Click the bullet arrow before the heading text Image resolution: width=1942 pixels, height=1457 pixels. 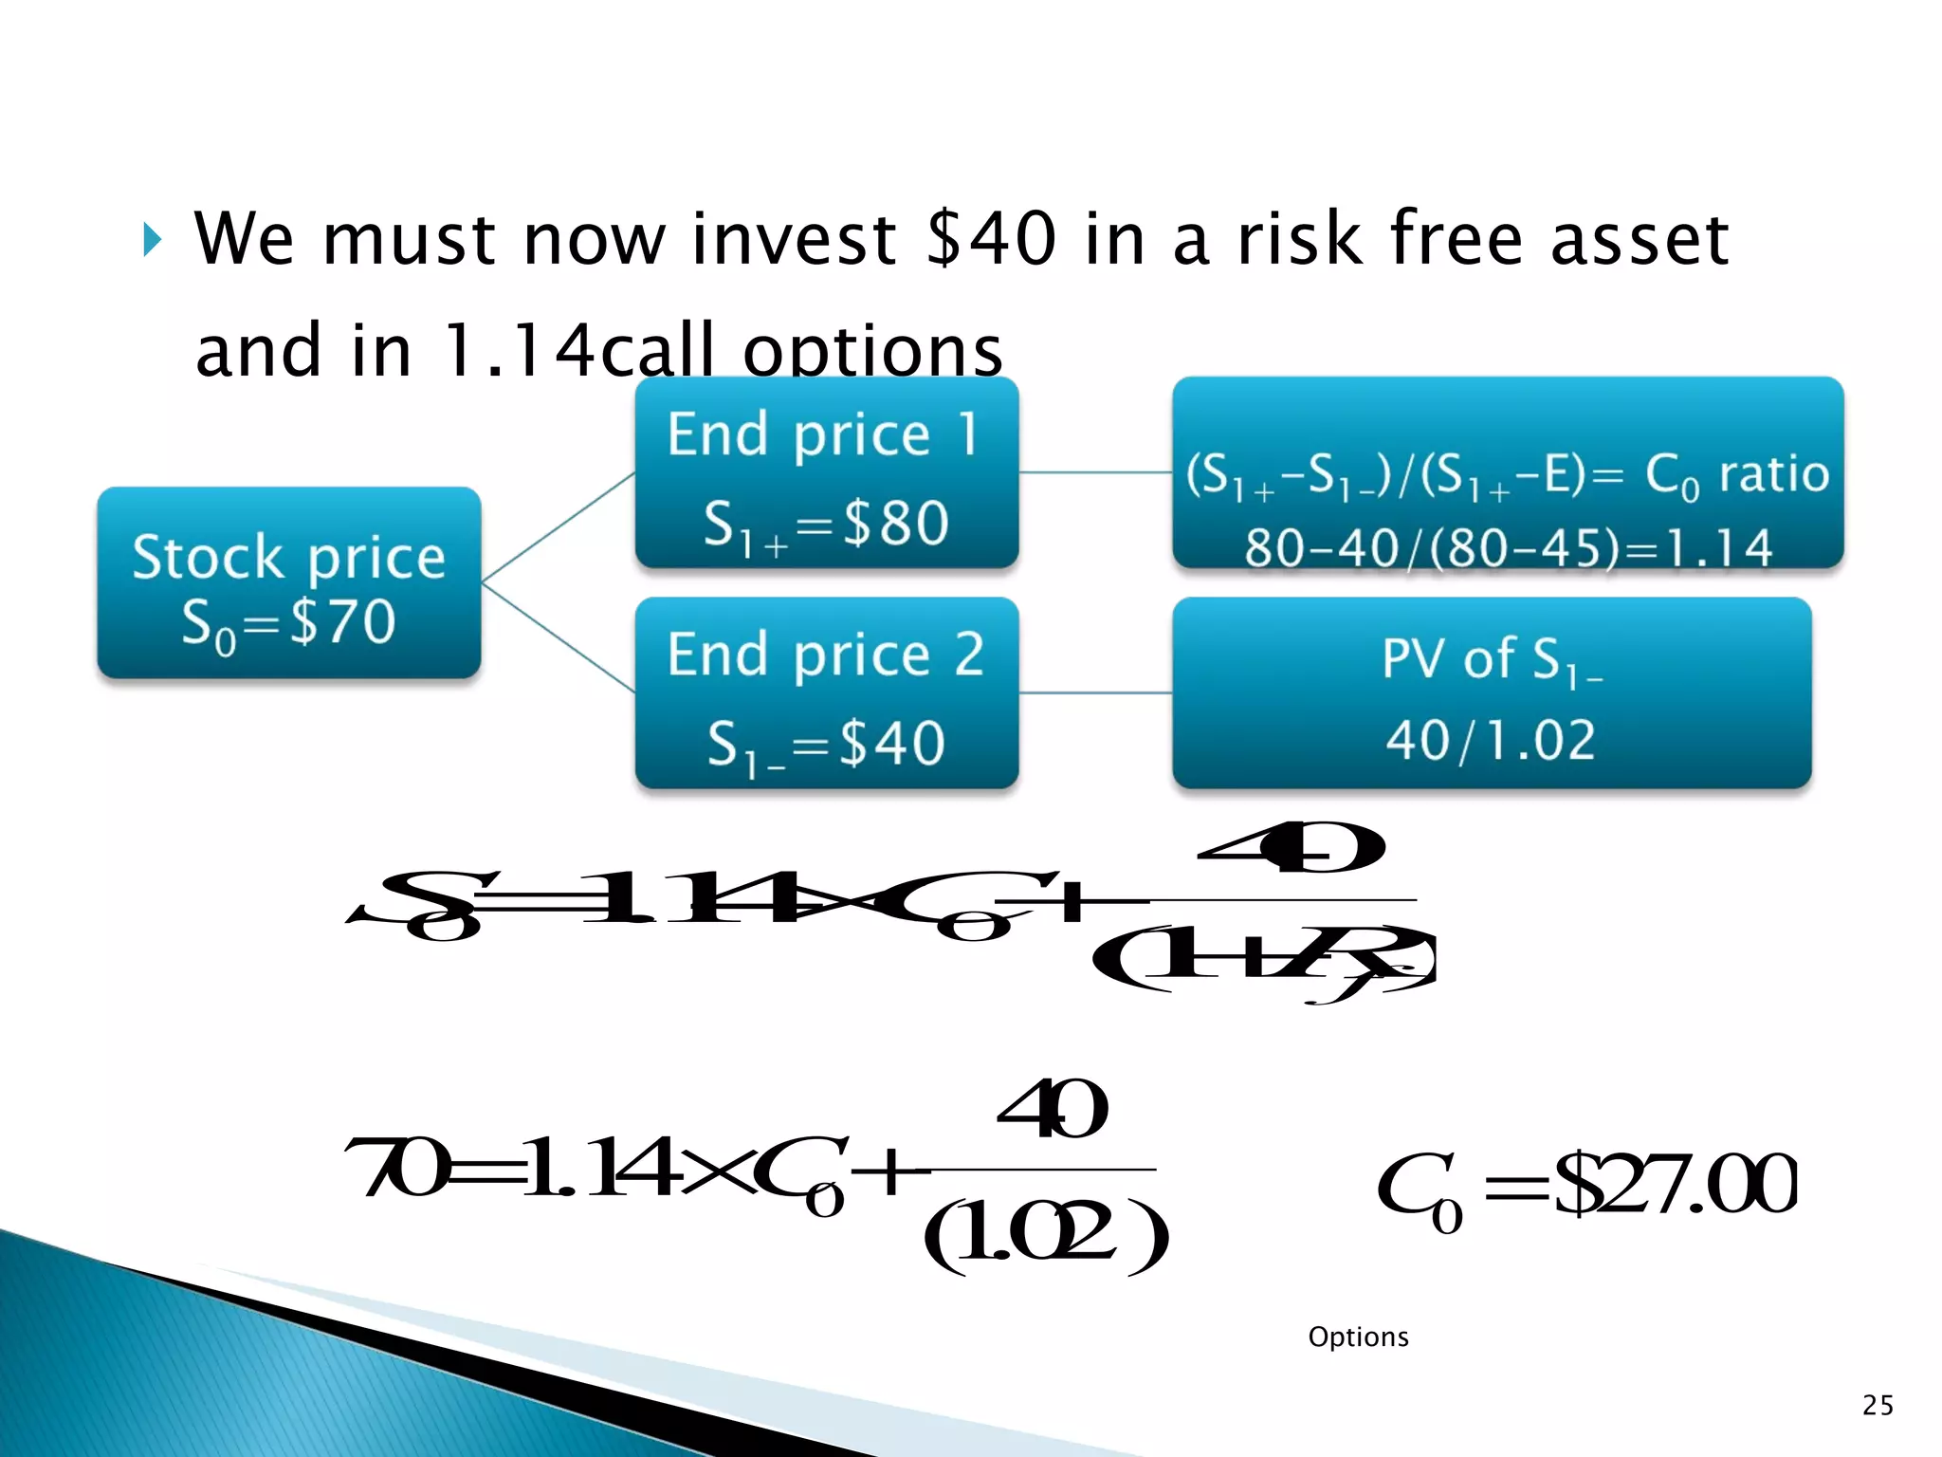click(x=152, y=240)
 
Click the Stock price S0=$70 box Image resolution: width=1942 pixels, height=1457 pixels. click(x=288, y=582)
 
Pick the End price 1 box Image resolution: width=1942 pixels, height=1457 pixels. click(x=826, y=472)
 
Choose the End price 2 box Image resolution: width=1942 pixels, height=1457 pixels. click(x=826, y=692)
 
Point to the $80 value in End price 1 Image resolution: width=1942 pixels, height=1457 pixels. click(x=895, y=523)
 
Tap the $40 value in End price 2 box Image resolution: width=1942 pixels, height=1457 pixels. click(x=892, y=743)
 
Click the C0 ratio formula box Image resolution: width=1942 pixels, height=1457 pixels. click(x=1507, y=472)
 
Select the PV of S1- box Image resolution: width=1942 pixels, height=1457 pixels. click(x=1491, y=692)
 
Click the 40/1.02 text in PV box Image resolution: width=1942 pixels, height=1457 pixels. click(x=1491, y=741)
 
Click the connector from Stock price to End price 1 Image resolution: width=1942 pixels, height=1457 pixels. click(x=559, y=526)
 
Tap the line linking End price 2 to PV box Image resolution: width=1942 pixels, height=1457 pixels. click(x=1095, y=693)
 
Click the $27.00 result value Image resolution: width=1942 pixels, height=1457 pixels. click(x=1674, y=1184)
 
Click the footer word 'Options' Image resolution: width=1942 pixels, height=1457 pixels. click(x=1358, y=1337)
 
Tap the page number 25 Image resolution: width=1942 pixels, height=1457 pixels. click(x=1878, y=1405)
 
